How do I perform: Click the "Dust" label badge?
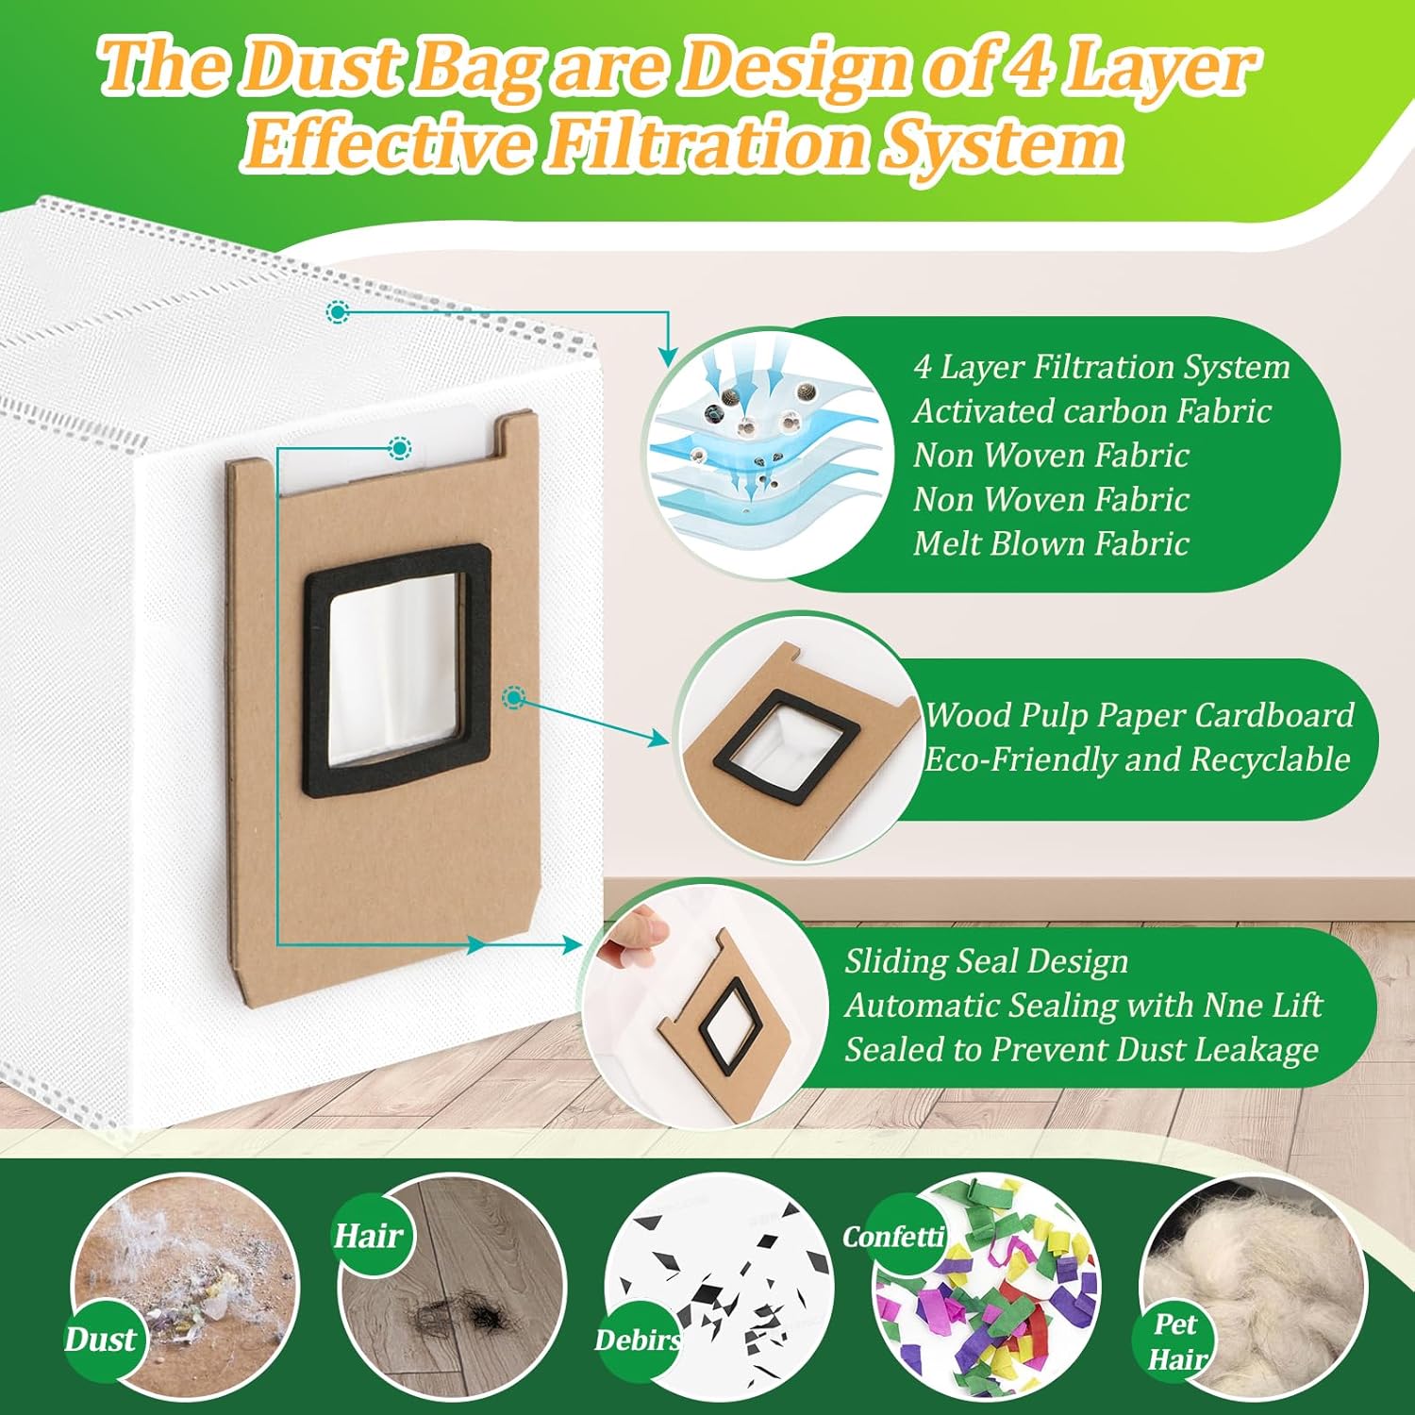(100, 1340)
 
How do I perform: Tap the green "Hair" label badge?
(368, 1235)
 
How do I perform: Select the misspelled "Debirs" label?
(638, 1340)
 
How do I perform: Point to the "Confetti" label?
(892, 1236)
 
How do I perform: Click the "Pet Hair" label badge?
(1175, 1341)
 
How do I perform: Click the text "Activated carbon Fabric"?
(1091, 411)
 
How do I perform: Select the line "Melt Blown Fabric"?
(1050, 543)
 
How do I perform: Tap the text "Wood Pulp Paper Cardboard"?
(1139, 715)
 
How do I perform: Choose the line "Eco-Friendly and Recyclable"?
(1137, 759)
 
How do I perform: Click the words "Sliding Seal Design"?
(986, 961)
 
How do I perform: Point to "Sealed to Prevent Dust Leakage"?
(1081, 1049)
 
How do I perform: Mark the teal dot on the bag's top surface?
(337, 311)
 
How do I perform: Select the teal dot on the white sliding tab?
(400, 447)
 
